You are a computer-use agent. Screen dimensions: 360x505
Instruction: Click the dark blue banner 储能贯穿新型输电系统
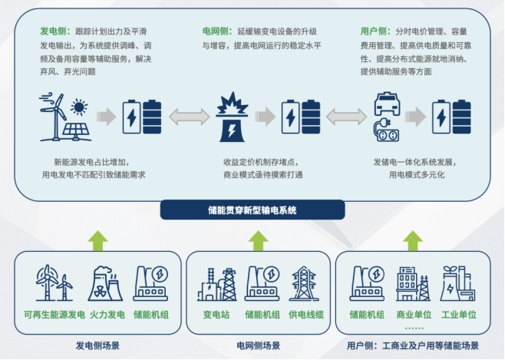click(252, 210)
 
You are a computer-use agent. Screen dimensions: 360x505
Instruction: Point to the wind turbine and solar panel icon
click(64, 117)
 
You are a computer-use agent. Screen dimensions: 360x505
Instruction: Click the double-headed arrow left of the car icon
click(345, 117)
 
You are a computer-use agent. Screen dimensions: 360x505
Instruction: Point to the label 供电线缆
click(305, 314)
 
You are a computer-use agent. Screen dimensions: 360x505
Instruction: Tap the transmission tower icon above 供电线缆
click(305, 284)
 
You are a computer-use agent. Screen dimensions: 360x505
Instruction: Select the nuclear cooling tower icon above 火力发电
click(107, 284)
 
